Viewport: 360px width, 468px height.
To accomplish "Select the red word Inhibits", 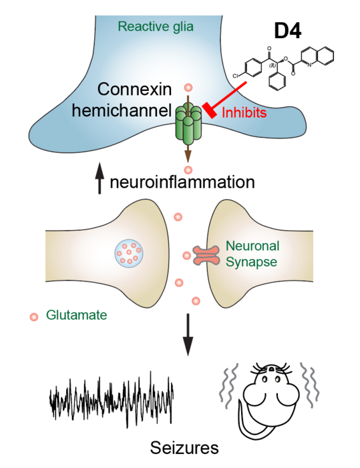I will tap(244, 113).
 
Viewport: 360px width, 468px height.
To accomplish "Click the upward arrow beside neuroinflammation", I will tap(100, 181).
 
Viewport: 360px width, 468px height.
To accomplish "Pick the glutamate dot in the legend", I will tap(33, 316).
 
